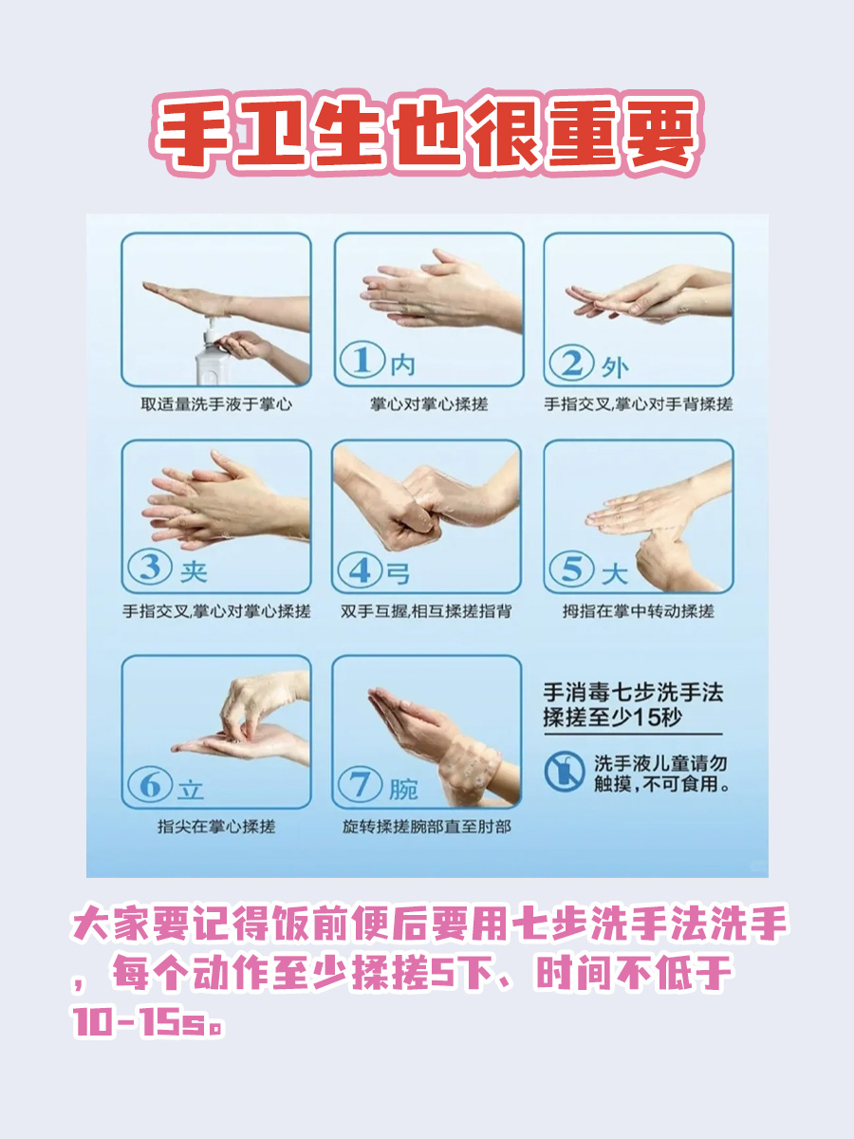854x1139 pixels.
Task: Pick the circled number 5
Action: tap(573, 570)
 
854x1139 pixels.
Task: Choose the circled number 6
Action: tap(151, 786)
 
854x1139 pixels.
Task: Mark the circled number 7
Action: tap(362, 786)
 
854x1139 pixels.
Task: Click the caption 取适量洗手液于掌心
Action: tap(215, 404)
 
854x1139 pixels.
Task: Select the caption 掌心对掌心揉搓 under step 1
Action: tap(428, 404)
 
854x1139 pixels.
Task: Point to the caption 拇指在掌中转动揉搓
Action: tap(638, 612)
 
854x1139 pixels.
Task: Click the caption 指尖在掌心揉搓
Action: tap(215, 827)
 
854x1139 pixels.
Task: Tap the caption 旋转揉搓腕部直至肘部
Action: tap(427, 827)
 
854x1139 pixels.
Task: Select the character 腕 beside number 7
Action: tap(403, 788)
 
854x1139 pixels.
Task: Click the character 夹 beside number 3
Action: tap(193, 571)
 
